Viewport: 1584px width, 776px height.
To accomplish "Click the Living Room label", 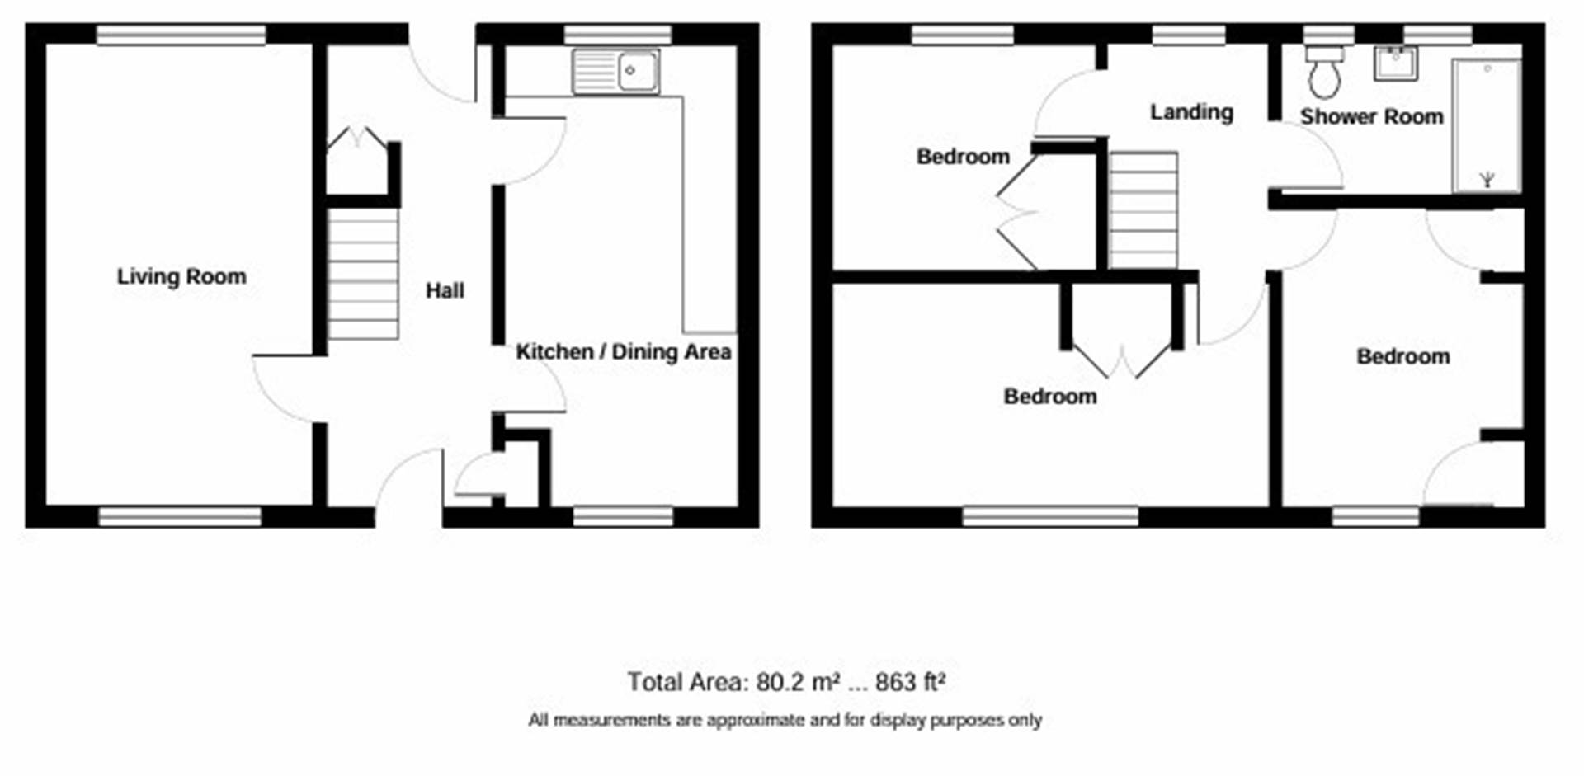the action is point(181,276).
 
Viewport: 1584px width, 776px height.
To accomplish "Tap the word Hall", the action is point(445,290).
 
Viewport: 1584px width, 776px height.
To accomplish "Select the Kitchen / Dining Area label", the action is point(624,352).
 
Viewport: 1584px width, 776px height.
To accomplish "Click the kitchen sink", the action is point(616,71).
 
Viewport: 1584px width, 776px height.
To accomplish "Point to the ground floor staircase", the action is point(363,274).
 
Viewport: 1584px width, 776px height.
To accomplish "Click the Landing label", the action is point(1191,112).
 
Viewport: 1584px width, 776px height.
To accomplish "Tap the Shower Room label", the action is point(1372,116).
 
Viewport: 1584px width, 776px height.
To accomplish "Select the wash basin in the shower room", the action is point(1396,63).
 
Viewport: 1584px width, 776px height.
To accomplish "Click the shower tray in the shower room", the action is point(1487,125).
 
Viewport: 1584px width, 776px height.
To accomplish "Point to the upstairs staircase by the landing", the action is point(1143,210).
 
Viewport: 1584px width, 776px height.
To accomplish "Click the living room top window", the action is point(181,35).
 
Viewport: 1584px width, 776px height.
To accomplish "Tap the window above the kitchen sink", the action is point(618,35).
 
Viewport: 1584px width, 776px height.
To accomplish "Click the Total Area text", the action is point(786,682).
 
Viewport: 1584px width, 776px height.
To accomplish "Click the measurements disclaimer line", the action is point(785,720).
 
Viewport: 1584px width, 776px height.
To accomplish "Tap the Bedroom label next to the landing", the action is point(963,156).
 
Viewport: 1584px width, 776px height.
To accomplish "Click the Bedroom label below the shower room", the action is point(1403,356).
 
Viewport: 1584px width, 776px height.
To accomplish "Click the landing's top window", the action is point(1189,35).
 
